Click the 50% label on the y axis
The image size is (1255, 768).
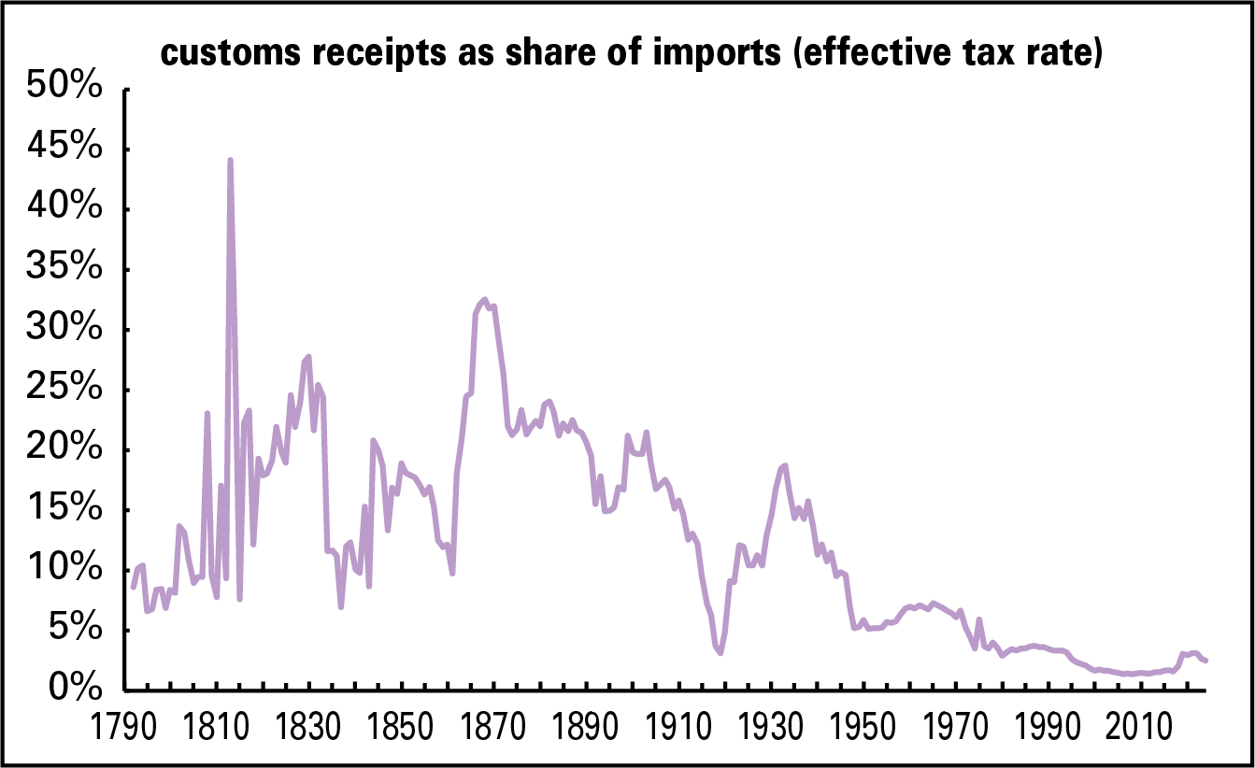point(64,89)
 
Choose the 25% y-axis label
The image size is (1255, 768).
point(64,390)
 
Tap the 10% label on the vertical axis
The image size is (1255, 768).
point(64,570)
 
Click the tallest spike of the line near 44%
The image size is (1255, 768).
point(230,161)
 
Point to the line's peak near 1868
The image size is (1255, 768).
point(483,300)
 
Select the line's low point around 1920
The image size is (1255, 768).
point(720,652)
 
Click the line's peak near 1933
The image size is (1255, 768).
point(785,465)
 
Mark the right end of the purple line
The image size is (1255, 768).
point(1205,661)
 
